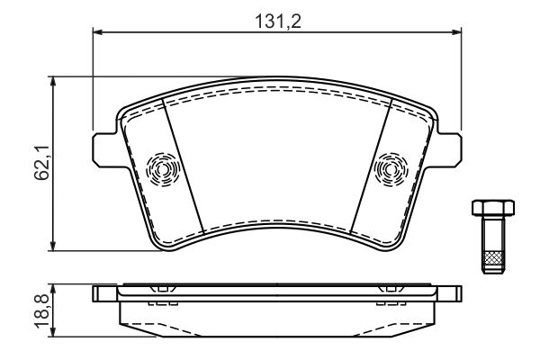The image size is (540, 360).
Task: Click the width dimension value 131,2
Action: [x=276, y=19]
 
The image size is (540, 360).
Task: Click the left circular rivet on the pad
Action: [x=163, y=167]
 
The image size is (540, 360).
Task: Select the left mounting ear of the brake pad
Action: [x=104, y=148]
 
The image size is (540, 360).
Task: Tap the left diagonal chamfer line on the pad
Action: [x=182, y=162]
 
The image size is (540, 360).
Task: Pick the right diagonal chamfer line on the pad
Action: [x=370, y=162]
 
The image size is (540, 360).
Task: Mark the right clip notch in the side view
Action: [x=391, y=290]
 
